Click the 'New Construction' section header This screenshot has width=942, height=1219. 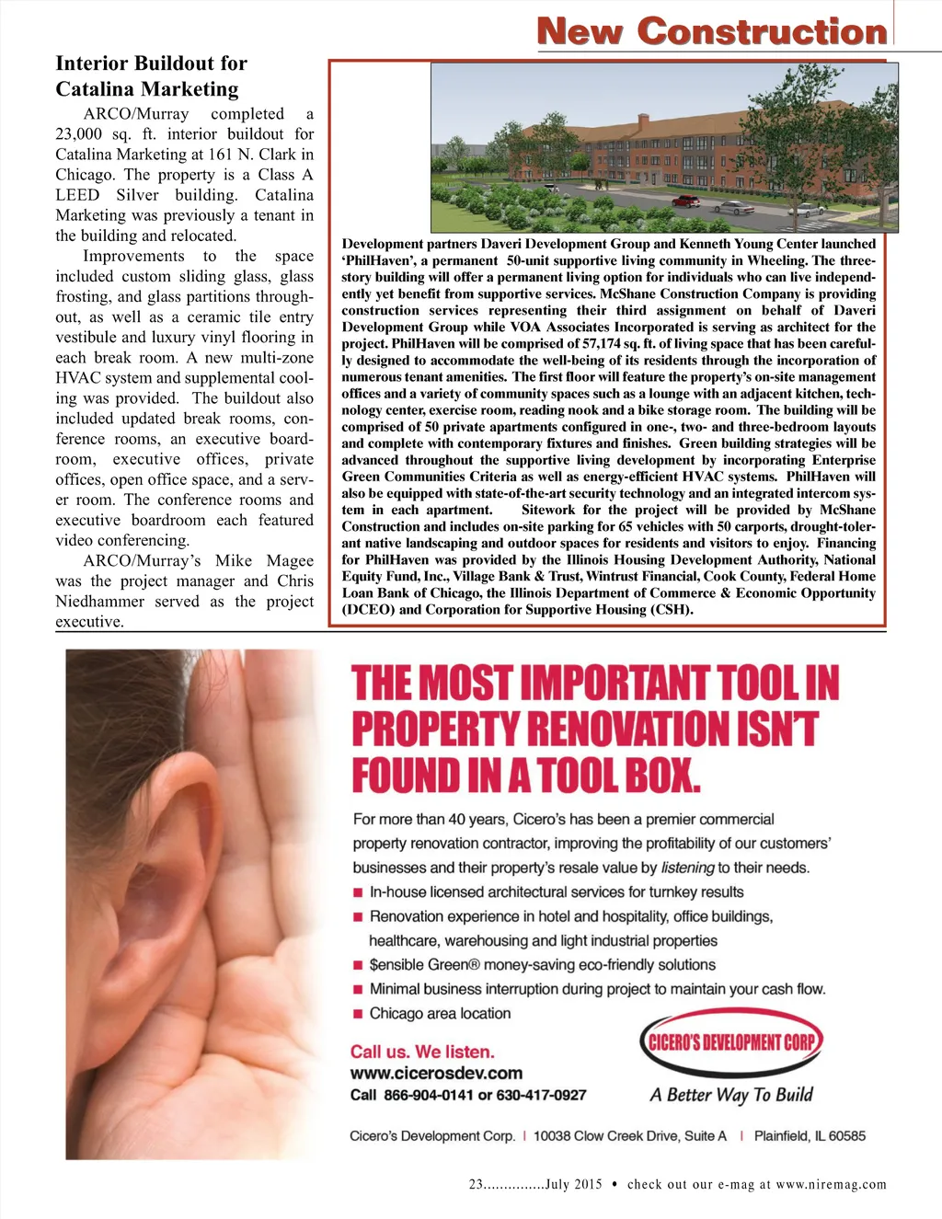point(712,31)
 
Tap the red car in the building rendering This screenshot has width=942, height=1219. point(685,201)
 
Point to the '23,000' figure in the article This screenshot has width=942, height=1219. point(78,134)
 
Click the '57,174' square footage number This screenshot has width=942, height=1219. point(607,343)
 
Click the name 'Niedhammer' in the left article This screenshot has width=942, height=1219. point(100,602)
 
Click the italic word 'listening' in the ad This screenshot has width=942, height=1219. point(687,868)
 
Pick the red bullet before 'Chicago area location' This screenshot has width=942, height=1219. point(358,1014)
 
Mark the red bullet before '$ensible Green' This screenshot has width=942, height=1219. point(358,965)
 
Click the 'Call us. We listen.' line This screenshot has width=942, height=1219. point(422,1052)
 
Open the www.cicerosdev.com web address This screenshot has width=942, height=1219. point(436,1073)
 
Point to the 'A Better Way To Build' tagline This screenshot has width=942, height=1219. point(731,1095)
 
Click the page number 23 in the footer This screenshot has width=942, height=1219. point(477,1185)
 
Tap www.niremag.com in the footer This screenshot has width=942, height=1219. point(831,1185)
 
